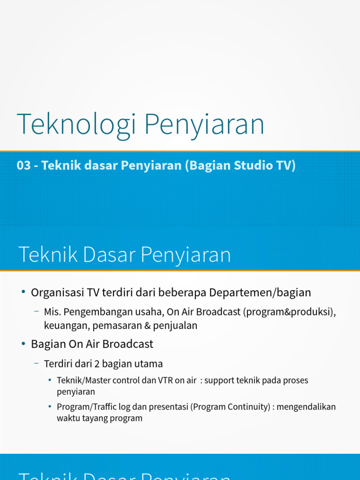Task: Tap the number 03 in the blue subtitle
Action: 23,165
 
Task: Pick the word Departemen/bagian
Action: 260,292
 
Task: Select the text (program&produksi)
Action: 289,312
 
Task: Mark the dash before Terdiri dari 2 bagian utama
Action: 36,363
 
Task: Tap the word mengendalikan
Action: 307,407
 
